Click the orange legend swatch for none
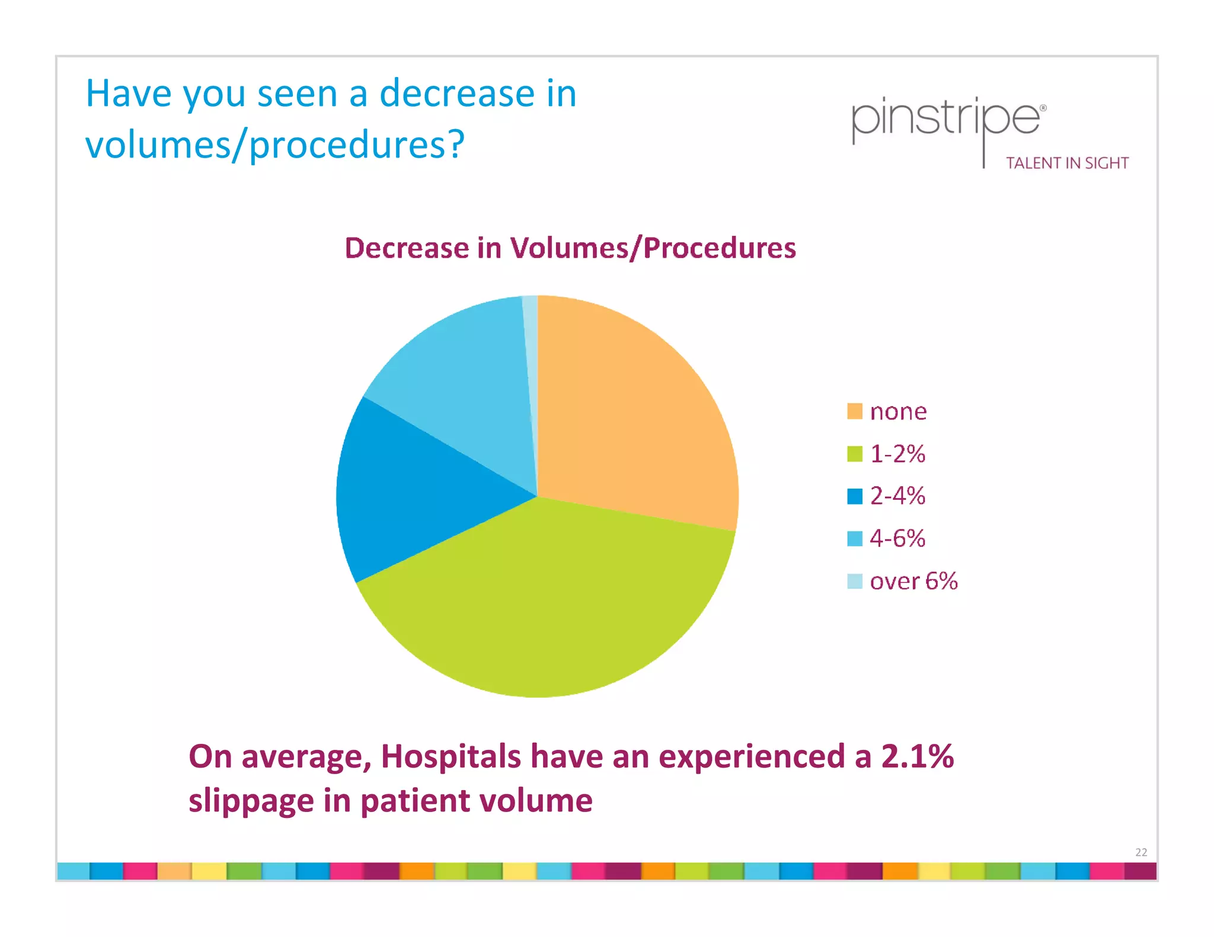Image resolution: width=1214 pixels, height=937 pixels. [854, 411]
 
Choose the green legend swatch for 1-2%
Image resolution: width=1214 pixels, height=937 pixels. [854, 454]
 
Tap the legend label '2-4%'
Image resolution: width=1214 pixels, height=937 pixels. [897, 496]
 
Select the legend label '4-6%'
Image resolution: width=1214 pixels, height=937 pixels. [897, 538]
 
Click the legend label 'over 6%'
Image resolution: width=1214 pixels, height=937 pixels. [913, 581]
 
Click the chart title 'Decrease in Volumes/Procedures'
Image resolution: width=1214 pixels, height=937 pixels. [570, 248]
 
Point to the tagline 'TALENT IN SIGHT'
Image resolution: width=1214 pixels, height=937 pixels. [1067, 163]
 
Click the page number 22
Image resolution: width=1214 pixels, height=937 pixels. [1141, 852]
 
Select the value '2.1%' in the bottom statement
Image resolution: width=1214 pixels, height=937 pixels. [918, 756]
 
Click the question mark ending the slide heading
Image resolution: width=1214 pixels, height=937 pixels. [455, 144]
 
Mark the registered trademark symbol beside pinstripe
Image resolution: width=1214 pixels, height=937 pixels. [1043, 108]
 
